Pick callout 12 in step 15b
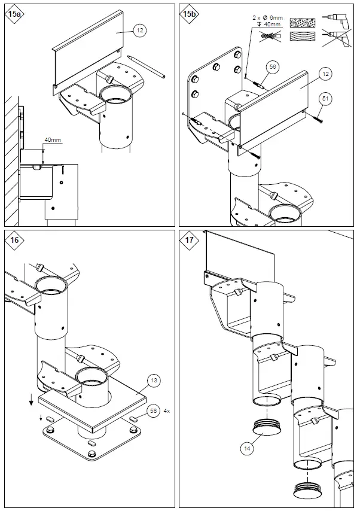click(x=325, y=74)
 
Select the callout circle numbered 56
click(x=273, y=68)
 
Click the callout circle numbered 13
click(x=154, y=380)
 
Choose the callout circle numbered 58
click(x=154, y=411)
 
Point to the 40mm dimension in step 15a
click(x=53, y=140)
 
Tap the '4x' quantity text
click(x=167, y=411)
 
